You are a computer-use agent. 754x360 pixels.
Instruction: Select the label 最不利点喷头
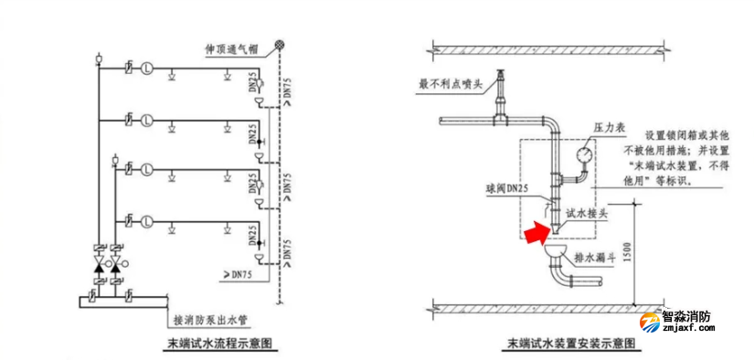click(x=449, y=85)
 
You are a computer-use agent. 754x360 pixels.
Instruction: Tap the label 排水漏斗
click(x=592, y=258)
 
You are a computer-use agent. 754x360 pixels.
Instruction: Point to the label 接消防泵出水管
click(x=211, y=321)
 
